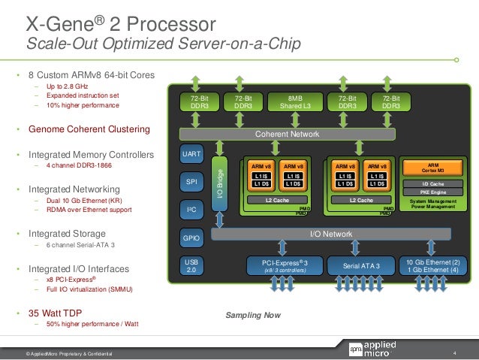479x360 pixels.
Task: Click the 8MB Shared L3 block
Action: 295,103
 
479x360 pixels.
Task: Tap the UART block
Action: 191,154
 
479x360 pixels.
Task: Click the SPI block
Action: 191,183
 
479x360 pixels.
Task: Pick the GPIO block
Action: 191,238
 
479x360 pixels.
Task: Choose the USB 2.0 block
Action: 191,266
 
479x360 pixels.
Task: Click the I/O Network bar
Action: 331,234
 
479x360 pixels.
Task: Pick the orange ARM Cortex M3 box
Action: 433,168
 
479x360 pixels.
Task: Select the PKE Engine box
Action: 433,192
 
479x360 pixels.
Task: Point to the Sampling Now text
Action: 248,315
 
